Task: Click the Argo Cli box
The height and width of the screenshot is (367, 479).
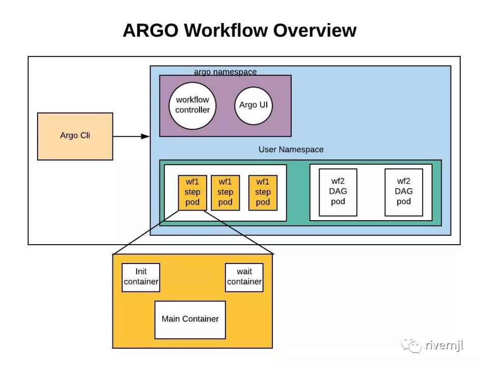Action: tap(75, 137)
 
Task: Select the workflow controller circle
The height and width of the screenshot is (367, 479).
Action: tap(192, 106)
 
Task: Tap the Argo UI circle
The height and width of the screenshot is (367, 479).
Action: tap(253, 106)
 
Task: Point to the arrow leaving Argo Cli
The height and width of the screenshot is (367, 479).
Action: tap(131, 137)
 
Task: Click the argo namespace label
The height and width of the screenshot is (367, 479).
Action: tap(226, 72)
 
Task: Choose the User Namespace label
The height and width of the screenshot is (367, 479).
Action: tap(291, 149)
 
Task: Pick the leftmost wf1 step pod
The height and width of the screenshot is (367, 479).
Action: tap(192, 193)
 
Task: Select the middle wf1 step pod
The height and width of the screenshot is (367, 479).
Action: tap(226, 193)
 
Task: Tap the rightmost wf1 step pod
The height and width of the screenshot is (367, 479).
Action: tap(263, 193)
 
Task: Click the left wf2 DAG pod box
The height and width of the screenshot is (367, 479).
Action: tap(338, 192)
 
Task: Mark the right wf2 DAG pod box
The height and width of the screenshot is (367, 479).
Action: tap(404, 192)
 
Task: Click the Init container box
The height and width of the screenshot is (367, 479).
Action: tap(141, 277)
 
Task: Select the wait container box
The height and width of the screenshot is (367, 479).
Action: tap(244, 277)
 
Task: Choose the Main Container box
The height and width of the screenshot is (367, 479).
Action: tap(190, 320)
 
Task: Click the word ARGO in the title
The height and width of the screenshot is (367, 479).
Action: tap(151, 30)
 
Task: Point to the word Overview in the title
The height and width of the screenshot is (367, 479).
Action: tap(315, 30)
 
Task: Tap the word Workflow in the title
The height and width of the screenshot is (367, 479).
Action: tap(226, 30)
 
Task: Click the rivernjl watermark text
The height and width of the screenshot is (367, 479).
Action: tap(444, 345)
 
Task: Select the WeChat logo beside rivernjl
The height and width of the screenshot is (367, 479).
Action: tap(411, 345)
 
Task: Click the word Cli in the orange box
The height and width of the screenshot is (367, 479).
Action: tap(85, 135)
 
